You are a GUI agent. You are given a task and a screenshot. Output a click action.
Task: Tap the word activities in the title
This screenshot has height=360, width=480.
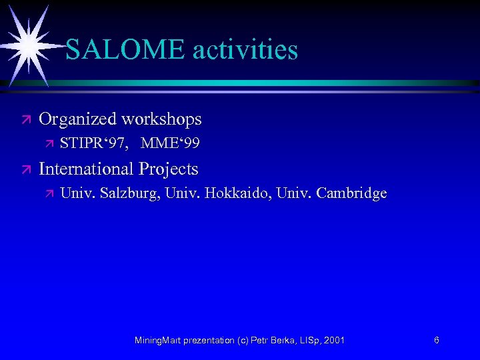(243, 49)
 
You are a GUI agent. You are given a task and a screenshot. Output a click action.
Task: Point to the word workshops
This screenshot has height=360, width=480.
(163, 119)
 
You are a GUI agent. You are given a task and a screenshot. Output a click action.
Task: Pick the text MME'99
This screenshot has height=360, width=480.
(170, 143)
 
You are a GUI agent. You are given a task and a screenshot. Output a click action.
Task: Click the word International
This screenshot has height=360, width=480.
(85, 169)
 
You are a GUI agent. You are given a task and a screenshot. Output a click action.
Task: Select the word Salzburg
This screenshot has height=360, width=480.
(129, 194)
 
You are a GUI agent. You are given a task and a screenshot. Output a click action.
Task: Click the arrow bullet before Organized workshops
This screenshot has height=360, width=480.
(26, 120)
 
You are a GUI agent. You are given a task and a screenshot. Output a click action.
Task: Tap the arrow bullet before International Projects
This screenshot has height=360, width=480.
(26, 169)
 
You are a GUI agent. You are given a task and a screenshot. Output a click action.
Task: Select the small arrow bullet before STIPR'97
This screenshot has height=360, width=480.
(48, 144)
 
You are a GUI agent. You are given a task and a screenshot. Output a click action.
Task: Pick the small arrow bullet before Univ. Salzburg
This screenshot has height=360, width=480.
(48, 194)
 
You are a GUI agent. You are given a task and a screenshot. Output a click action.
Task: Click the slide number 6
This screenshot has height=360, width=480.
(436, 340)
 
